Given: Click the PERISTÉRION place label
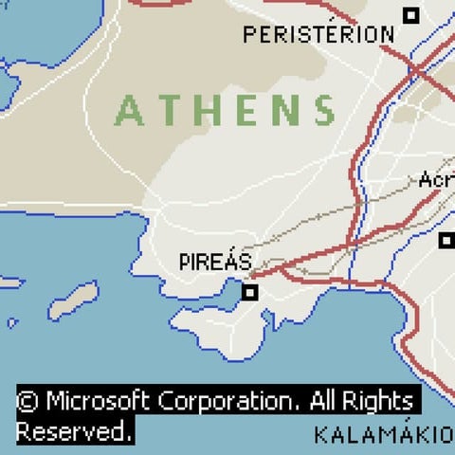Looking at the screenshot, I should click(x=318, y=35).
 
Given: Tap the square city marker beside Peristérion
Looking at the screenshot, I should click(x=410, y=15).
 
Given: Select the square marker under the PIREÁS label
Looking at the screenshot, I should click(x=249, y=293).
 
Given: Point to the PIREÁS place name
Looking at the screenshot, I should click(x=215, y=261).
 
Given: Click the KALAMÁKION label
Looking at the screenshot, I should click(x=384, y=436).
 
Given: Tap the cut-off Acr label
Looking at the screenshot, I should click(x=437, y=180).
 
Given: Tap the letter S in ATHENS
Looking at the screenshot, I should click(x=325, y=111).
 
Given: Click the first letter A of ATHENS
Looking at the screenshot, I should click(x=129, y=111).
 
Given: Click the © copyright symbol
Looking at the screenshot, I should click(x=28, y=400).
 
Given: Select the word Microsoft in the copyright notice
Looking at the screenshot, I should click(x=99, y=400).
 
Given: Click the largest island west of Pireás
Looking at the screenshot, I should click(x=74, y=300).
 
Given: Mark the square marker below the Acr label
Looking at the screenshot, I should click(x=446, y=240).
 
